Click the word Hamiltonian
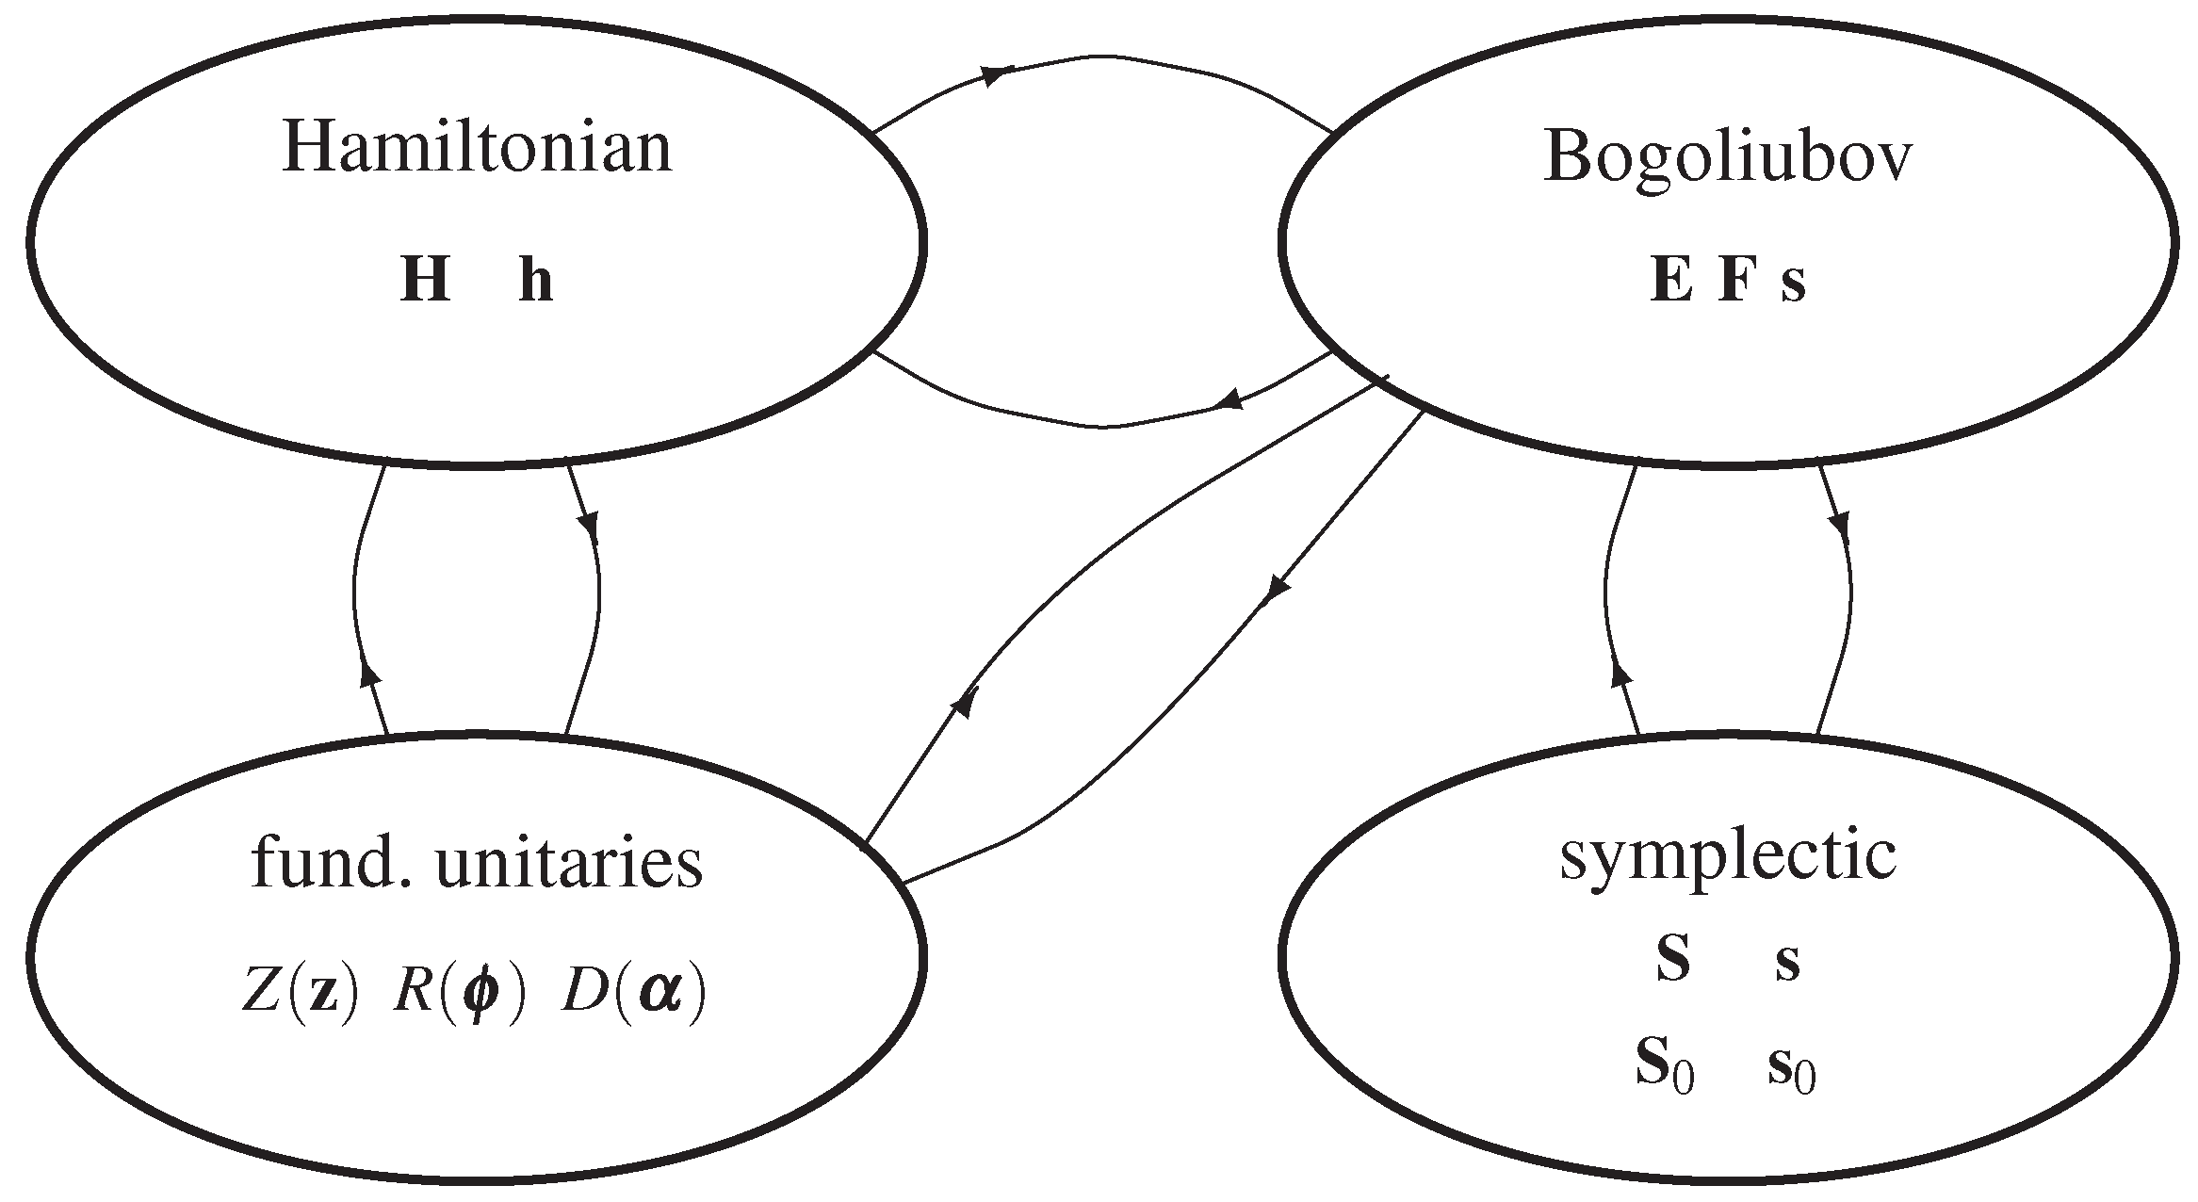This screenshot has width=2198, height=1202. point(477,149)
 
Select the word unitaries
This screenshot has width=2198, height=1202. point(569,865)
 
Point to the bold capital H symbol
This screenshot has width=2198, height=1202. point(425,281)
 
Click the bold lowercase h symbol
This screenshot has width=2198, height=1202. point(536,281)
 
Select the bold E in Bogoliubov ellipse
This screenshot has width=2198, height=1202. point(1671,281)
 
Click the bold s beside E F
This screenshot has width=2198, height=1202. point(1793,283)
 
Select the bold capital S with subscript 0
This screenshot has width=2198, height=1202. point(1665,1068)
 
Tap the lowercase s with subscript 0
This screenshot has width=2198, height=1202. point(1790,1070)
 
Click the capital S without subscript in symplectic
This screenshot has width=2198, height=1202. point(1672,962)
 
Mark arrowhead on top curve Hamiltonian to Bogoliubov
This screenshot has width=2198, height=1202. point(997,74)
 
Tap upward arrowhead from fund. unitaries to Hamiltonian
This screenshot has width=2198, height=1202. point(370,672)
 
